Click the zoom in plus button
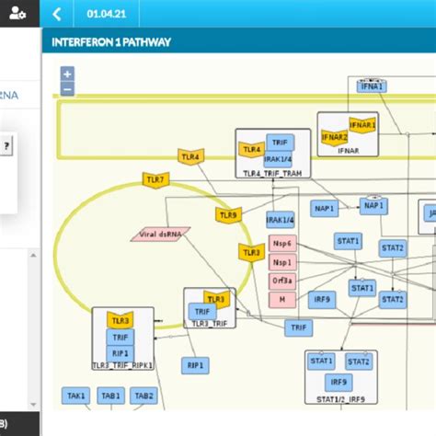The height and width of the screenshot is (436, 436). [x=67, y=74]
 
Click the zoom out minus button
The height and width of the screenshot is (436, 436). [x=67, y=89]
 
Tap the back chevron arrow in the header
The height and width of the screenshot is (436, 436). [x=57, y=14]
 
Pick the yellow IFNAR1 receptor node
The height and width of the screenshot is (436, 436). [x=361, y=123]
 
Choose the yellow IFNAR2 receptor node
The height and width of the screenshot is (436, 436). [x=334, y=137]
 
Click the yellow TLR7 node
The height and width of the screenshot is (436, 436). [x=155, y=179]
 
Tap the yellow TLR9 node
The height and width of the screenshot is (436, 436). [x=228, y=215]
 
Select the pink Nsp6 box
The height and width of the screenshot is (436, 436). [x=281, y=244]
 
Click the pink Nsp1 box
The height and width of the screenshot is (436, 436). [x=281, y=263]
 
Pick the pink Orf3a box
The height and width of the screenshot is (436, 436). [x=281, y=281]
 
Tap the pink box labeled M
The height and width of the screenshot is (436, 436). [x=281, y=300]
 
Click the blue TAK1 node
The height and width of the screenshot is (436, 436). [x=77, y=396]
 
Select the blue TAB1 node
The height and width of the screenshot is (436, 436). [x=111, y=396]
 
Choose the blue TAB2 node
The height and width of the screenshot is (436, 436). [x=143, y=396]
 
